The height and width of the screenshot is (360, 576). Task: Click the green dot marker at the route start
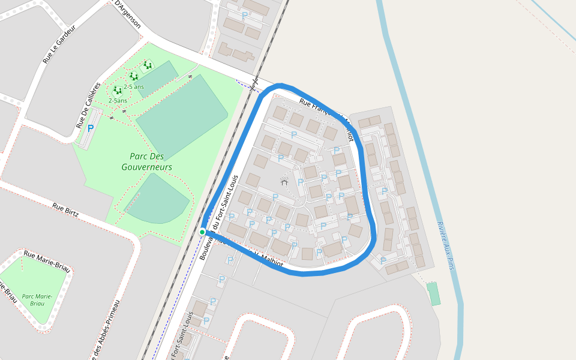[x=202, y=232]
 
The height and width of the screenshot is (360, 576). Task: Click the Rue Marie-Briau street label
[x=47, y=262]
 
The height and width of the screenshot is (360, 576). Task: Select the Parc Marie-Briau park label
[x=37, y=300]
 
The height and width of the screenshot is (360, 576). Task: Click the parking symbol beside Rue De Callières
[x=91, y=128]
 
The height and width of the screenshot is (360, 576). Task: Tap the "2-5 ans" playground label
[x=134, y=87]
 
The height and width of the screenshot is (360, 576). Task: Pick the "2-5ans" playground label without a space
[x=118, y=101]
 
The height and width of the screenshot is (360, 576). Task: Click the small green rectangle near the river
[x=433, y=294]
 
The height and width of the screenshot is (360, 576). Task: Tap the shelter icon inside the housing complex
[x=284, y=181]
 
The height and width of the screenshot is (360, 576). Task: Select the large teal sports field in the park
[x=182, y=117]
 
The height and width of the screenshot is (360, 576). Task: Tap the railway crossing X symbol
[x=254, y=83]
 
